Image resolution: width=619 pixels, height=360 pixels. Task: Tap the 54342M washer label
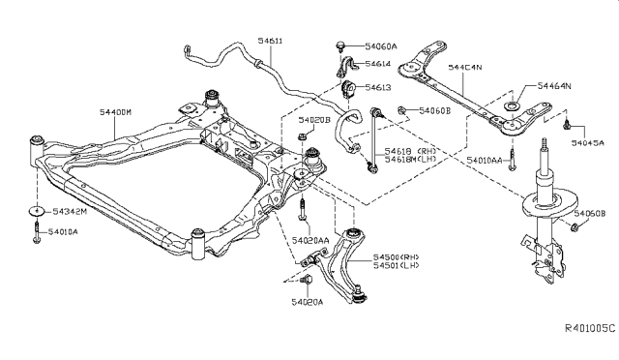pyautogui.click(x=70, y=212)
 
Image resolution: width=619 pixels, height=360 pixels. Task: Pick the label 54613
pyautogui.click(x=377, y=88)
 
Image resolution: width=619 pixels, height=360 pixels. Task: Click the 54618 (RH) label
pyautogui.click(x=411, y=151)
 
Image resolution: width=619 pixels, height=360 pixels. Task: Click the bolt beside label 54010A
pyautogui.click(x=35, y=232)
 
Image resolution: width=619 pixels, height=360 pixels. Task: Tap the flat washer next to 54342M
pyautogui.click(x=35, y=212)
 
